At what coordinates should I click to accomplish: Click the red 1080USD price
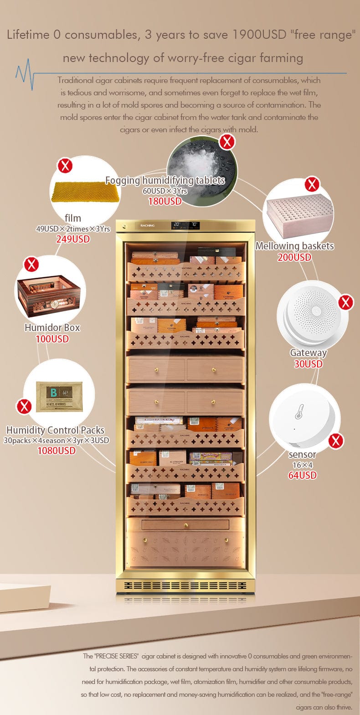pyautogui.click(x=57, y=451)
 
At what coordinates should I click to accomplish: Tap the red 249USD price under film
pyautogui.click(x=73, y=239)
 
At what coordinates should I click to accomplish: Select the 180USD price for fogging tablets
pyautogui.click(x=165, y=201)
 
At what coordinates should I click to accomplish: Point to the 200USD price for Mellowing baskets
pyautogui.click(x=294, y=258)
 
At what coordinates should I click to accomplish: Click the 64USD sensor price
pyautogui.click(x=302, y=476)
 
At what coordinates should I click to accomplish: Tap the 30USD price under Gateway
pyautogui.click(x=309, y=364)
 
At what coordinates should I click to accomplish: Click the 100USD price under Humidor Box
pyautogui.click(x=52, y=339)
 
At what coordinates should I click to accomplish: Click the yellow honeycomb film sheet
pyautogui.click(x=85, y=192)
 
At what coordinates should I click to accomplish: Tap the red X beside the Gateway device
pyautogui.click(x=345, y=302)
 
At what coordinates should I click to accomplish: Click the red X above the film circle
pyautogui.click(x=66, y=165)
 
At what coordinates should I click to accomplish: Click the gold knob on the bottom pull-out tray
pyautogui.click(x=185, y=525)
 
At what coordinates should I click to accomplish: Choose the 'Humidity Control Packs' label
pyautogui.click(x=55, y=430)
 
